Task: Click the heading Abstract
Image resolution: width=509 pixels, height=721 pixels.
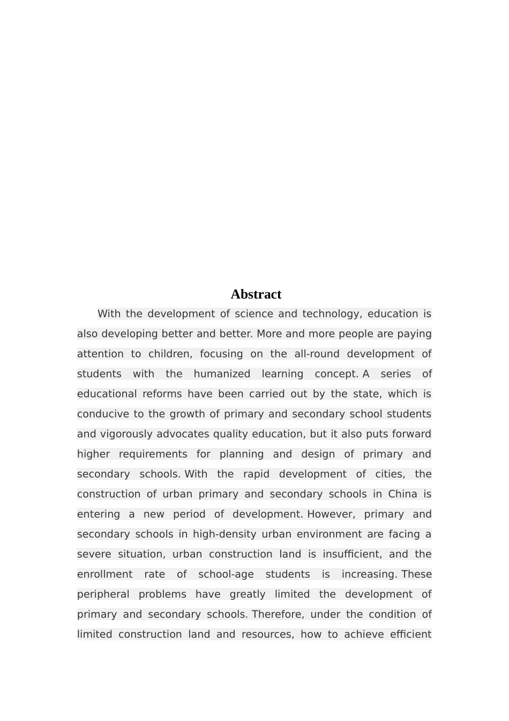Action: click(x=256, y=295)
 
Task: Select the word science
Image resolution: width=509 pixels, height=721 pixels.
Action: click(x=253, y=314)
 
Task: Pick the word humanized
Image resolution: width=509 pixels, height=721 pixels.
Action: click(x=222, y=374)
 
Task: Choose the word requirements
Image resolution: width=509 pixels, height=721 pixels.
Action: click(x=153, y=454)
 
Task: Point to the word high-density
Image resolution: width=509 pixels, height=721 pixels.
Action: click(x=224, y=534)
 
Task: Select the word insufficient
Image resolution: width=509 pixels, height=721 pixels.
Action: click(x=352, y=554)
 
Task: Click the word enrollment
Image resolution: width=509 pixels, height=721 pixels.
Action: click(x=104, y=575)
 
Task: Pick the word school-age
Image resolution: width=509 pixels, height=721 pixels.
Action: click(x=226, y=575)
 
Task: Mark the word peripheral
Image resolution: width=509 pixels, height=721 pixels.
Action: click(x=103, y=594)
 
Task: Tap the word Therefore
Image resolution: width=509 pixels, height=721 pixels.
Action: click(x=278, y=614)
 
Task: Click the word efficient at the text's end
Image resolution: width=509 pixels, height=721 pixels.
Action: click(x=410, y=635)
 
